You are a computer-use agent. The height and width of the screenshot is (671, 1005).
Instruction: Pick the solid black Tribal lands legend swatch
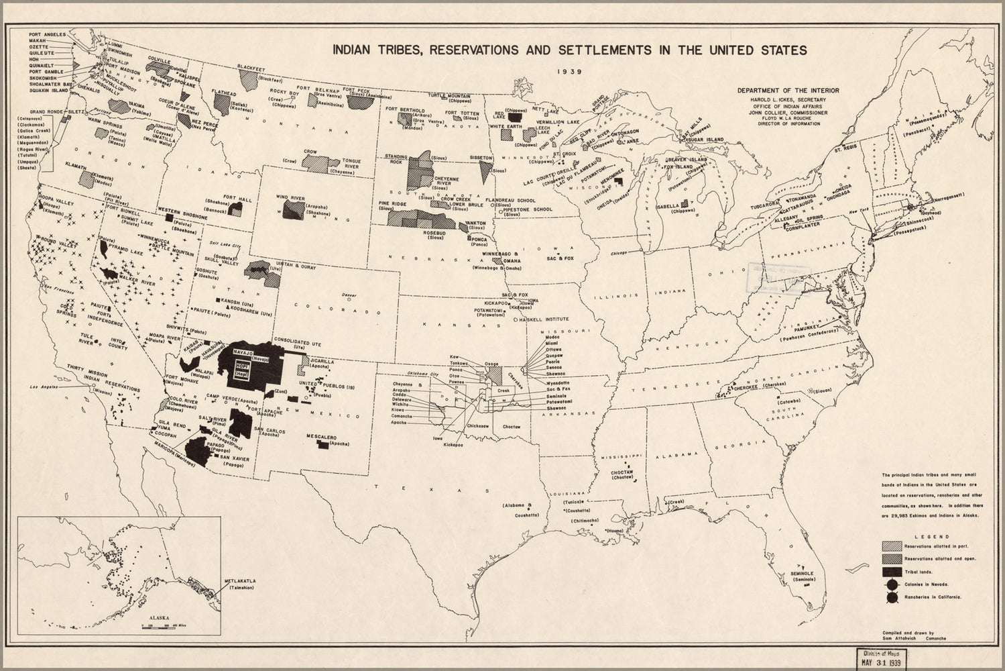892,571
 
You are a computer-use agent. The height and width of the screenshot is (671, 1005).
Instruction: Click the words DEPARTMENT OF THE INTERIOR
788,90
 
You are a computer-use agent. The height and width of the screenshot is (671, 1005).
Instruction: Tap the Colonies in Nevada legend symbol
891,583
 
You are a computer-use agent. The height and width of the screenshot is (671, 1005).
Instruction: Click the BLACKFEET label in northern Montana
253,68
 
